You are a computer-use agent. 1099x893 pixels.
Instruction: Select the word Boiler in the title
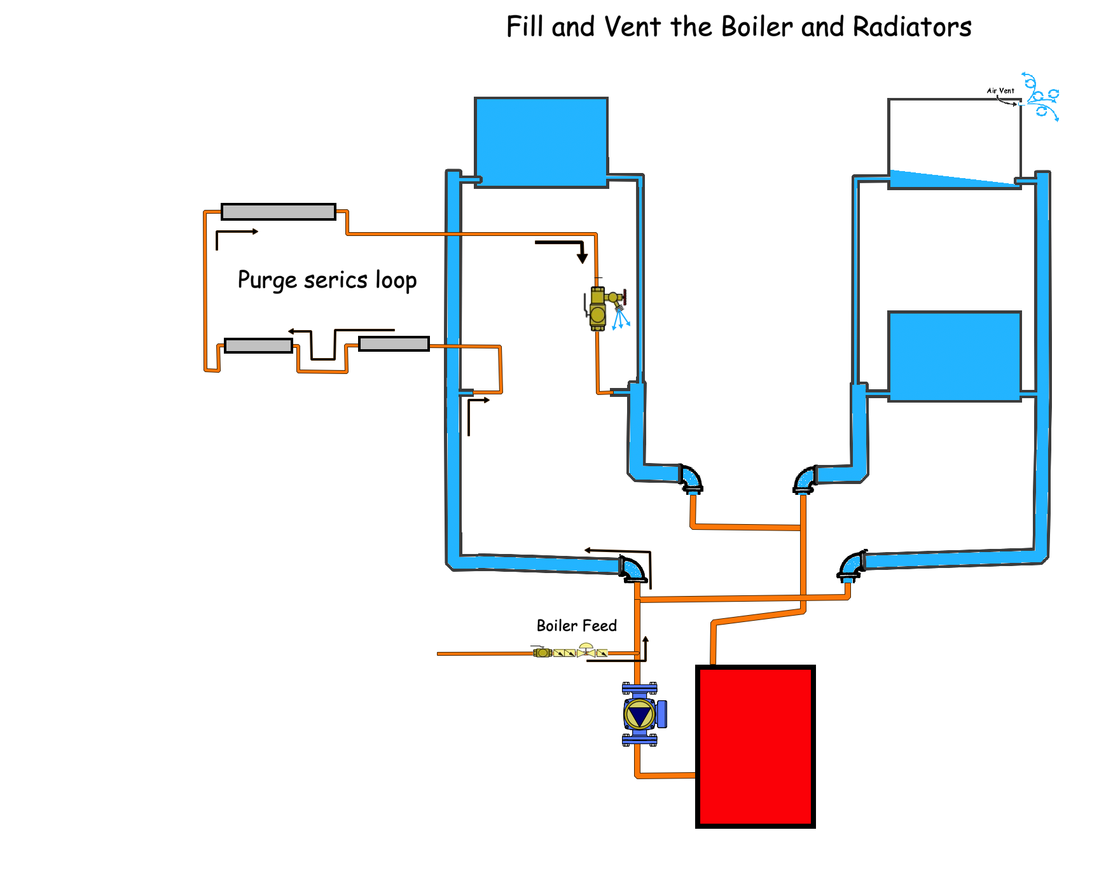pos(757,27)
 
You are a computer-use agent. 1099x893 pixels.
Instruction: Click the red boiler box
pos(755,746)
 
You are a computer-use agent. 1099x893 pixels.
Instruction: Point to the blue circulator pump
pos(640,714)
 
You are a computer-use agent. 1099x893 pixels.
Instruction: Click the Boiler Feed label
pos(576,626)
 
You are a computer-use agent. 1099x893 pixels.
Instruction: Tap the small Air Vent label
pos(1000,91)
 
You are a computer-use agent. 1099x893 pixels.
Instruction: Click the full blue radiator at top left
pos(541,142)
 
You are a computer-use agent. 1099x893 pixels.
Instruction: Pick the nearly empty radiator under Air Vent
pos(954,143)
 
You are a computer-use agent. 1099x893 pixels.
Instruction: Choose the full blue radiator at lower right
pos(954,356)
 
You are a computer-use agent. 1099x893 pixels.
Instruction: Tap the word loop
pos(396,280)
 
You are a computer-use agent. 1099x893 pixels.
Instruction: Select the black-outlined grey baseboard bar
pos(394,344)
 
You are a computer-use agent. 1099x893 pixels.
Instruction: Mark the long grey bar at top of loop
pos(278,212)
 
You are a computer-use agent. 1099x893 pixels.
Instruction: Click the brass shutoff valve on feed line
pos(542,652)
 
